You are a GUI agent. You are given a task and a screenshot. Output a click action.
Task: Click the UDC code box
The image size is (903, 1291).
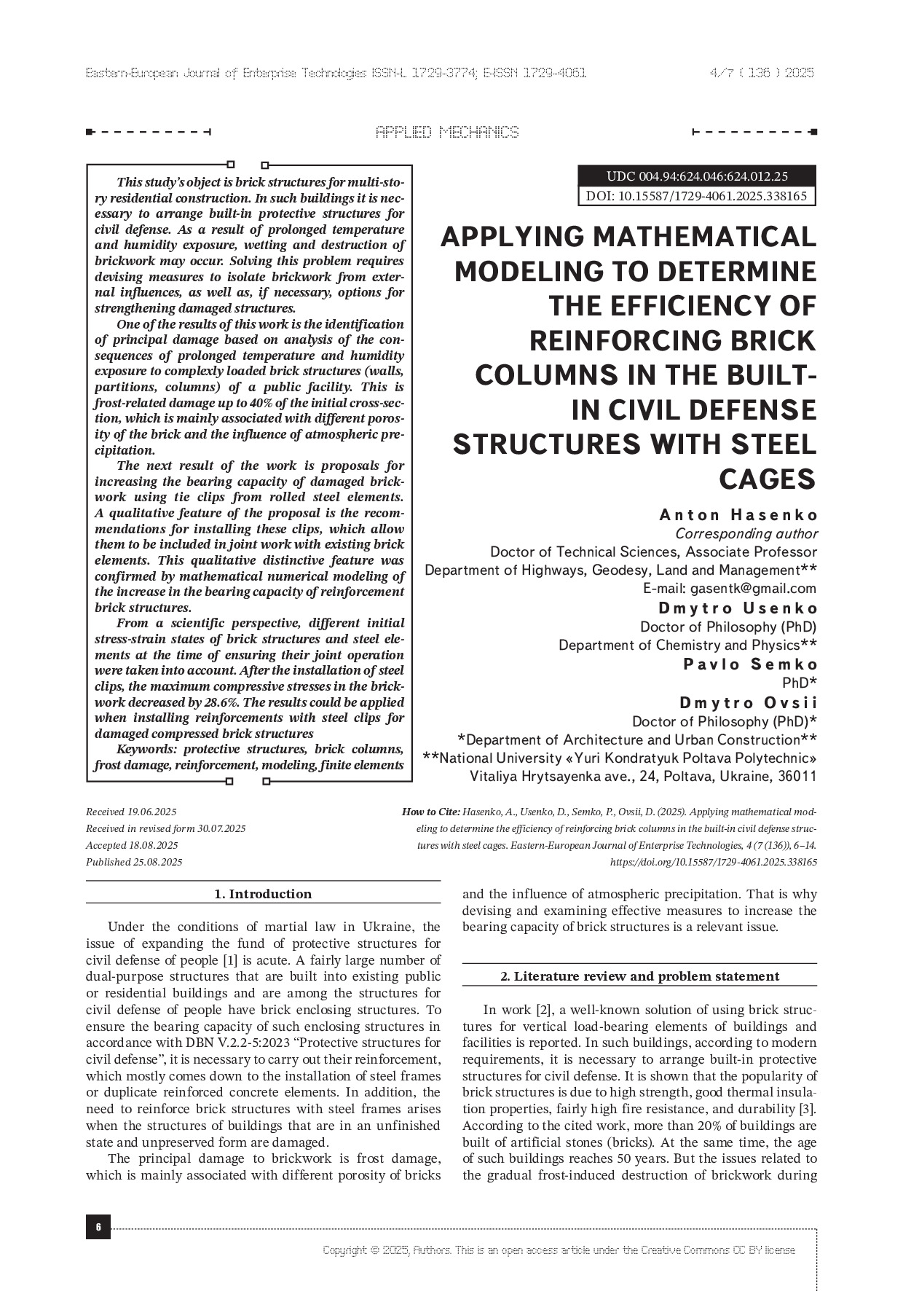pyautogui.click(x=696, y=176)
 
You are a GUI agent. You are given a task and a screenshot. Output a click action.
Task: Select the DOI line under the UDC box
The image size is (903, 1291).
pyautogui.click(x=696, y=196)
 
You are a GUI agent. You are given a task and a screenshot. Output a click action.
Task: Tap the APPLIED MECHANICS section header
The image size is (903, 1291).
pyautogui.click(x=447, y=132)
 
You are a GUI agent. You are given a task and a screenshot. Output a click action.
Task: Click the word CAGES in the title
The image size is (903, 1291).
pyautogui.click(x=768, y=479)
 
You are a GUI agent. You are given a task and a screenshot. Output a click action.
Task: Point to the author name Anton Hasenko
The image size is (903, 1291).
pyautogui.click(x=738, y=515)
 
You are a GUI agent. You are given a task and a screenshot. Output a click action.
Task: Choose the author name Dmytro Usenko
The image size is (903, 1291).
pyautogui.click(x=738, y=608)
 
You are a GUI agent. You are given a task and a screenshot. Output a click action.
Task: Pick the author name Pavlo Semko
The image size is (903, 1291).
pyautogui.click(x=750, y=664)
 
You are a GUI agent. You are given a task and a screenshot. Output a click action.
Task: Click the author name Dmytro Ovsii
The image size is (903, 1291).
pyautogui.click(x=748, y=702)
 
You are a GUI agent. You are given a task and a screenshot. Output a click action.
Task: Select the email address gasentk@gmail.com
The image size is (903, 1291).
pyautogui.click(x=753, y=588)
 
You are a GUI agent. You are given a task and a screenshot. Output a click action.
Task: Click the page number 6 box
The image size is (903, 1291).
pyautogui.click(x=98, y=1226)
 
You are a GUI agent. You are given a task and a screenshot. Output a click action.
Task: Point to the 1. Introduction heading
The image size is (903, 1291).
pyautogui.click(x=263, y=894)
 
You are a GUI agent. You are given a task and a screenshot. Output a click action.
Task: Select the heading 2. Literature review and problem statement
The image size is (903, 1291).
pyautogui.click(x=639, y=976)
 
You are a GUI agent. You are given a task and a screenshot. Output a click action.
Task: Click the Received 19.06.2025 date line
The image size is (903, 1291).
pyautogui.click(x=131, y=812)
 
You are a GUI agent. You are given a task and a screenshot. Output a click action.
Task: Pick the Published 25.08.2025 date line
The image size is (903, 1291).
pyautogui.click(x=134, y=862)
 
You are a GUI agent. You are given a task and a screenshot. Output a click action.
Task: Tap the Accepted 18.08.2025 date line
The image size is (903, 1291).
pyautogui.click(x=132, y=845)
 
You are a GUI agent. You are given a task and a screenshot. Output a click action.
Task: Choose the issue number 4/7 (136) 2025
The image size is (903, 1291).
pyautogui.click(x=761, y=73)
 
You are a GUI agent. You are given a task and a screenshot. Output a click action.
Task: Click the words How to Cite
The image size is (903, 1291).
pyautogui.click(x=430, y=812)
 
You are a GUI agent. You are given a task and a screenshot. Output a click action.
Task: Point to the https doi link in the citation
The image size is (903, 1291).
pyautogui.click(x=713, y=862)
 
